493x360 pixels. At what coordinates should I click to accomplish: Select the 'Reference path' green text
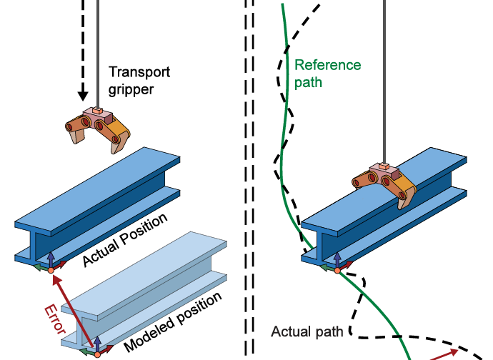click(327, 74)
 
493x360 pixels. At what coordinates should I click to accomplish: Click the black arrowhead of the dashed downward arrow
click(83, 94)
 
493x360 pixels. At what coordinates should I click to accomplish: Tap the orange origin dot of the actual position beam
click(50, 269)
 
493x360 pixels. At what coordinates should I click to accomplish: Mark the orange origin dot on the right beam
click(335, 269)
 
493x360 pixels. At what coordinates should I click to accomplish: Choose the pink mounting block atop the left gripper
click(94, 114)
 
